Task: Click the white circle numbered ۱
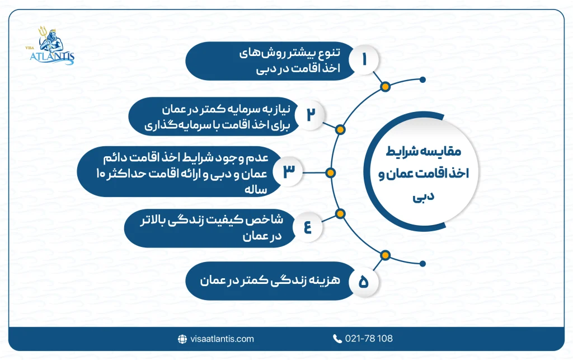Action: pyautogui.click(x=365, y=60)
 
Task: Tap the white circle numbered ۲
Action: pyautogui.click(x=311, y=114)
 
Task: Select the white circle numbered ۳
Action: pyautogui.click(x=288, y=172)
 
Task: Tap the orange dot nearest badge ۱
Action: pyautogui.click(x=384, y=87)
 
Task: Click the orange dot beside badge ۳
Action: pyautogui.click(x=330, y=172)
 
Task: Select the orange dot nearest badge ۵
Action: pyautogui.click(x=384, y=256)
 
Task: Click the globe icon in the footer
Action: pyautogui.click(x=181, y=339)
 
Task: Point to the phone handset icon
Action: pyautogui.click(x=337, y=339)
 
